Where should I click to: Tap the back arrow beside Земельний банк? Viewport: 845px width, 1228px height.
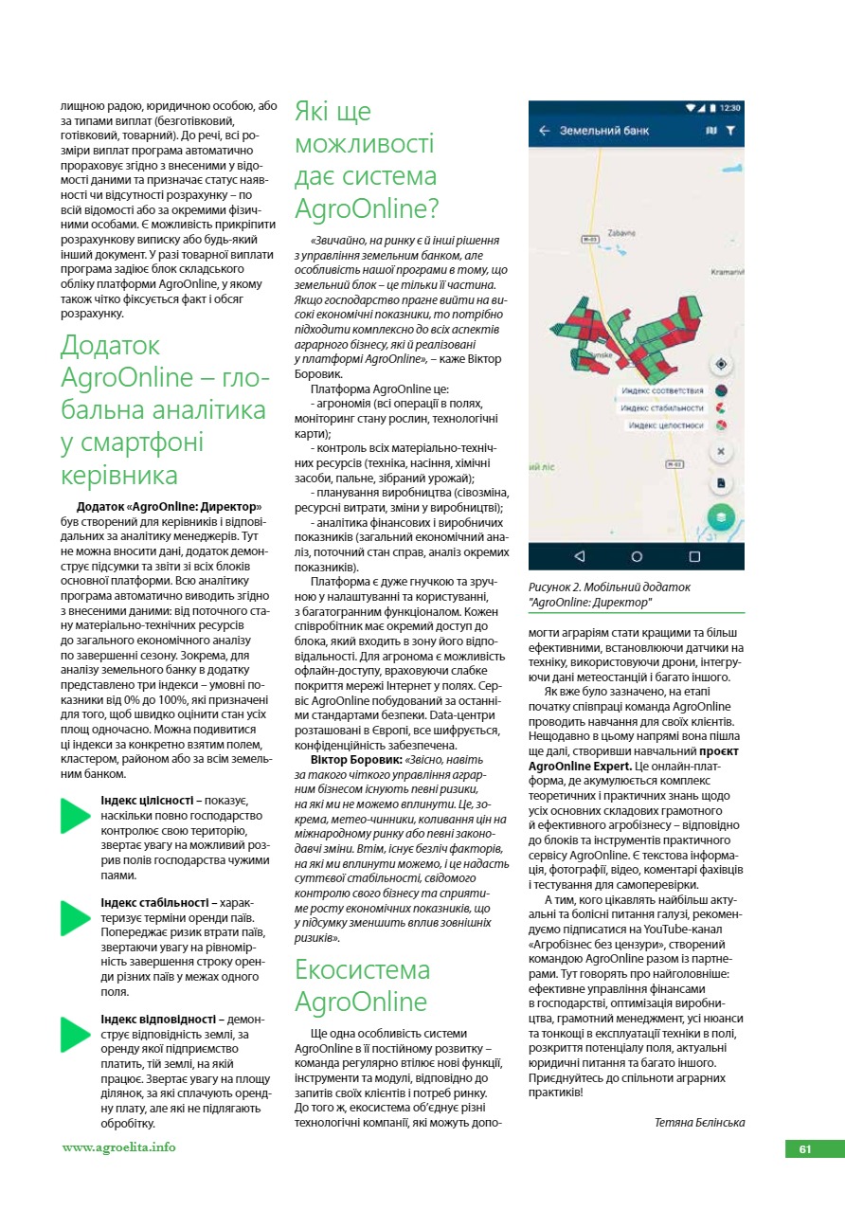544,131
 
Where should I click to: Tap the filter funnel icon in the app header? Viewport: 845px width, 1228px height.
730,131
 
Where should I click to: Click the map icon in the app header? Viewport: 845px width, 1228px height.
711,131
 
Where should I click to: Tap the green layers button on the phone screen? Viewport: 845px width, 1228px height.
721,517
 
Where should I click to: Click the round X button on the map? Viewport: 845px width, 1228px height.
721,452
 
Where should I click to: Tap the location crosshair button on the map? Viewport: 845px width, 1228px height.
721,364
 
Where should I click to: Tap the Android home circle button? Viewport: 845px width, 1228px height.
637,556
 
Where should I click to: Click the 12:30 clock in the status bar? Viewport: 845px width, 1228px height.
730,107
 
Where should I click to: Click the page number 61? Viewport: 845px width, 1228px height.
805,1148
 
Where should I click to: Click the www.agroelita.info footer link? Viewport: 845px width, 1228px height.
118,1147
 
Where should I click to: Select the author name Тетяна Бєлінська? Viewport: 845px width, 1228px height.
699,1122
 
